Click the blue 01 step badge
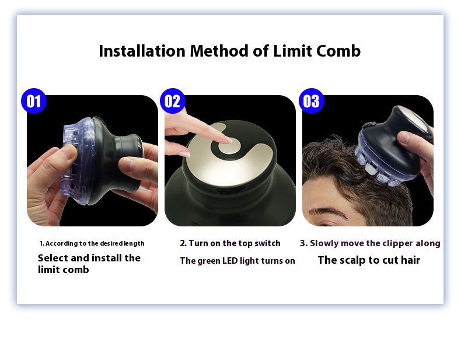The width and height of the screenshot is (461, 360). [x=34, y=101]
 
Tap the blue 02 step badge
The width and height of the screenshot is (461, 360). [x=173, y=101]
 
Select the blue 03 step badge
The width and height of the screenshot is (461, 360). [x=312, y=101]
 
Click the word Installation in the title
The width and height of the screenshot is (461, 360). [x=142, y=51]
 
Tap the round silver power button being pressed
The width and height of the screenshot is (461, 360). [x=229, y=146]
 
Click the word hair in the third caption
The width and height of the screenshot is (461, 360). [x=410, y=260]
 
